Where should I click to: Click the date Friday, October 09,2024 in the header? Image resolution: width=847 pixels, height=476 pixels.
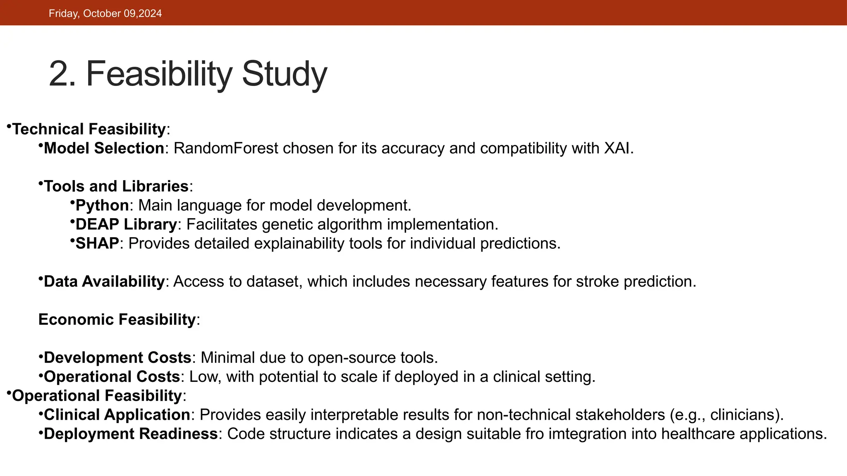105,13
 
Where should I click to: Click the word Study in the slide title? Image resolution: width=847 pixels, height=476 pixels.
284,74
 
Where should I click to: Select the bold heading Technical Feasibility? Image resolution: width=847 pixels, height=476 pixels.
89,129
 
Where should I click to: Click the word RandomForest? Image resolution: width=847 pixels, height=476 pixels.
225,148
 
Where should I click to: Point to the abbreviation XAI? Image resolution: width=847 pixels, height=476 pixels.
617,148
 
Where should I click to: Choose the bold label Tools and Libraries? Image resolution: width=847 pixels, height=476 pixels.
116,186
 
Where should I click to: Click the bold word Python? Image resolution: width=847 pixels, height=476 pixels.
102,205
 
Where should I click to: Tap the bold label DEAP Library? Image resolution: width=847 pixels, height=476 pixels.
126,224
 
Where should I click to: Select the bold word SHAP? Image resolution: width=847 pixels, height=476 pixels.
97,243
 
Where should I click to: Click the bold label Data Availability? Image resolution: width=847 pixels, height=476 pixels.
104,281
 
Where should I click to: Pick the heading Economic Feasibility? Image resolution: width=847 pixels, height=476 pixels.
117,319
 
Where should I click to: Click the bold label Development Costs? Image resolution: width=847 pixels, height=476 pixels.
117,357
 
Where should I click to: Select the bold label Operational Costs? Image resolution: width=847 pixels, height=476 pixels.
112,376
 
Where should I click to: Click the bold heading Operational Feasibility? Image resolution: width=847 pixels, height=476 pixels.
97,395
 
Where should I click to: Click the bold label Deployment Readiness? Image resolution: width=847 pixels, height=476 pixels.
131,433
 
